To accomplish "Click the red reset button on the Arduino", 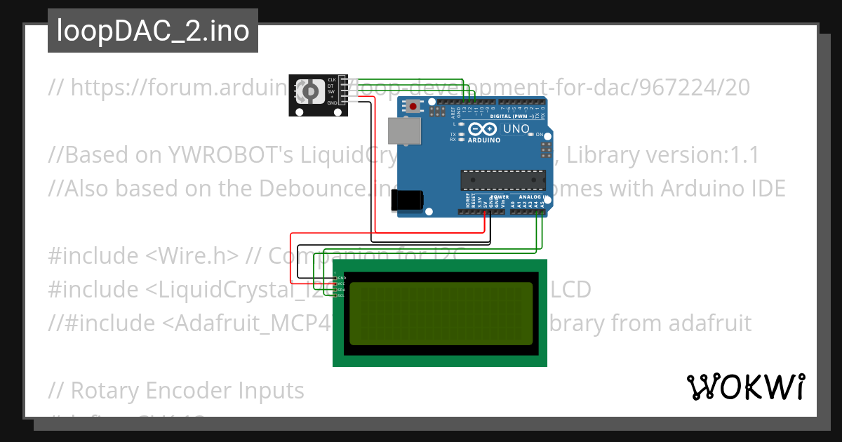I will click(x=413, y=107).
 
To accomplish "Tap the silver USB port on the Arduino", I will click(x=404, y=131).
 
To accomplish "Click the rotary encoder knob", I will click(x=309, y=92).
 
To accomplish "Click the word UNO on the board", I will click(x=516, y=129).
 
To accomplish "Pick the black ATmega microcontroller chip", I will click(x=502, y=180).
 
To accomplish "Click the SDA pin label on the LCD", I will click(x=341, y=290).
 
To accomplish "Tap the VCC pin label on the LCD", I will click(x=341, y=284).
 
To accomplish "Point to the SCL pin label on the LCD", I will click(x=341, y=295).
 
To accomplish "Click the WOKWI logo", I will click(x=746, y=387).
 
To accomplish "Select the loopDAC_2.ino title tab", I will click(x=153, y=31).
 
